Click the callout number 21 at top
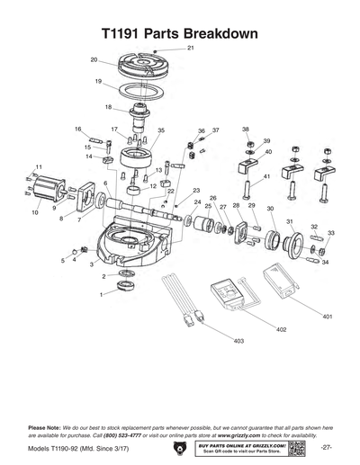pos(190,47)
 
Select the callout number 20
pos(94,60)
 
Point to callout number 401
pos(327,317)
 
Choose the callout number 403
pos(238,342)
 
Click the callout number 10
pos(34,213)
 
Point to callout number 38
pos(245,130)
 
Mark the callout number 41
pos(267,177)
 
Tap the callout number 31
pos(289,221)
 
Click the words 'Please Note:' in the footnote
pos(45,426)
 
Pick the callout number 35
pos(161,130)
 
